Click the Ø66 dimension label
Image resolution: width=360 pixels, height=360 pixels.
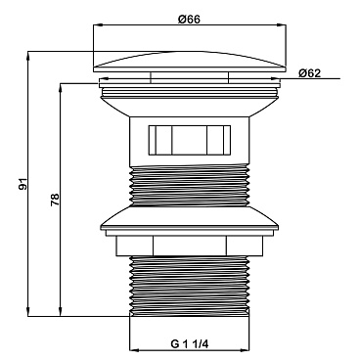point(189,20)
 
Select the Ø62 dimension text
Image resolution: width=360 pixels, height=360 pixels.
point(309,73)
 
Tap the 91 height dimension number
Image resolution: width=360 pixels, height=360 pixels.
point(22,184)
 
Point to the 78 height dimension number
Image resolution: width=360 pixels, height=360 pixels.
point(55,200)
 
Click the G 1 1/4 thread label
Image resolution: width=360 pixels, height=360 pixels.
point(189,343)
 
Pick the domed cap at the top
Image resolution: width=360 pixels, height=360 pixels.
point(190,62)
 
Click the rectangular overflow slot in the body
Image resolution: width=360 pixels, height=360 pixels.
point(190,140)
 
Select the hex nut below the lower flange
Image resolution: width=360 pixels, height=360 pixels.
point(190,246)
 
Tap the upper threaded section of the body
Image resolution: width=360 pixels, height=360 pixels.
point(190,186)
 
